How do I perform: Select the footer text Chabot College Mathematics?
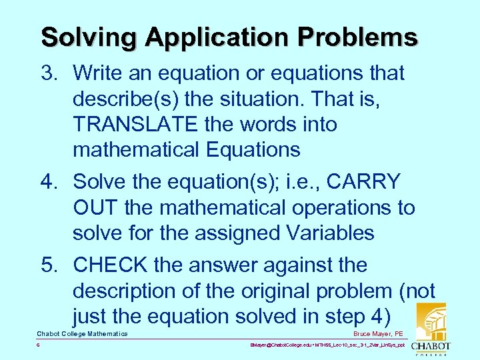(x=82, y=333)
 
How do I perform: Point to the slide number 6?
(x=39, y=346)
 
